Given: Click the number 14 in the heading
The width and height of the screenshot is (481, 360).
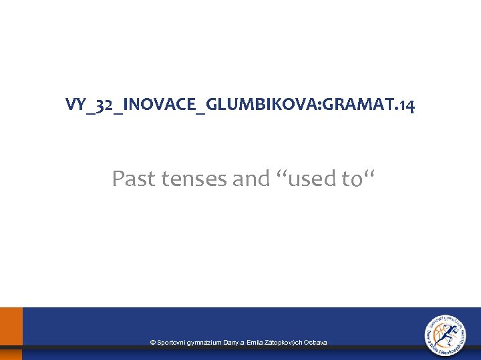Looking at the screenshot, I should (x=406, y=105).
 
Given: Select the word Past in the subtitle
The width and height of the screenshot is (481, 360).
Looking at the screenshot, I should (x=133, y=179).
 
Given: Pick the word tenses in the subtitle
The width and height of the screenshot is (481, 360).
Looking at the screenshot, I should (x=191, y=179).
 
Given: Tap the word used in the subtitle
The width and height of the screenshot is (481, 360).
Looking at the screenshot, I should (x=309, y=179).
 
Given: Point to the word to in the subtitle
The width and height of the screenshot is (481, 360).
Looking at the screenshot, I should (x=352, y=179).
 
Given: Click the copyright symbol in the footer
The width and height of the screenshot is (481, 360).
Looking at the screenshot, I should (x=153, y=343).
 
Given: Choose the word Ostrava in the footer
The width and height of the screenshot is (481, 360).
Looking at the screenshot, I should (x=315, y=343).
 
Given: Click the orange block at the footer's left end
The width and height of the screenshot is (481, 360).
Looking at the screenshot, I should (x=11, y=333).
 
